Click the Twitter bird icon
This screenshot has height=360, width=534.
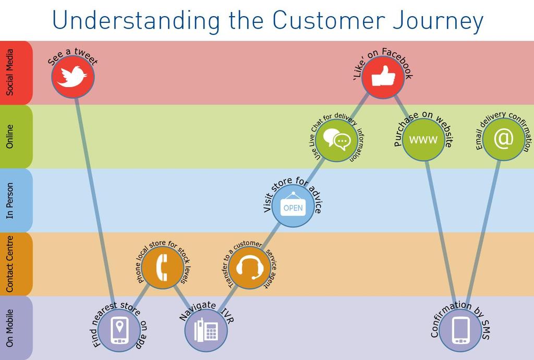(72, 77)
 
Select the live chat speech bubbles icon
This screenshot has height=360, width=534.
(336, 139)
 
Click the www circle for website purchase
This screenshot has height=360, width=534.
(423, 139)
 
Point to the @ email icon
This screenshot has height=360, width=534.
(503, 139)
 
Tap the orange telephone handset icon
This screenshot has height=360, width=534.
(162, 267)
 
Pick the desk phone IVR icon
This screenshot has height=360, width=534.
(205, 330)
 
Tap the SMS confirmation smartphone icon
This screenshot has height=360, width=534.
(460, 330)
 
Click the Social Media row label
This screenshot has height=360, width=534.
(10, 72)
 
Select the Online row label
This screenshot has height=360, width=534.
(10, 136)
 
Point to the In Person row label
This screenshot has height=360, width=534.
(9, 200)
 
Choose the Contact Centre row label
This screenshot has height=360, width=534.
(9, 264)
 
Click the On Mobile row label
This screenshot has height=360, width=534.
(9, 328)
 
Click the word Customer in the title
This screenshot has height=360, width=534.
(329, 20)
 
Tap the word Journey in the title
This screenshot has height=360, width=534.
(438, 21)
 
